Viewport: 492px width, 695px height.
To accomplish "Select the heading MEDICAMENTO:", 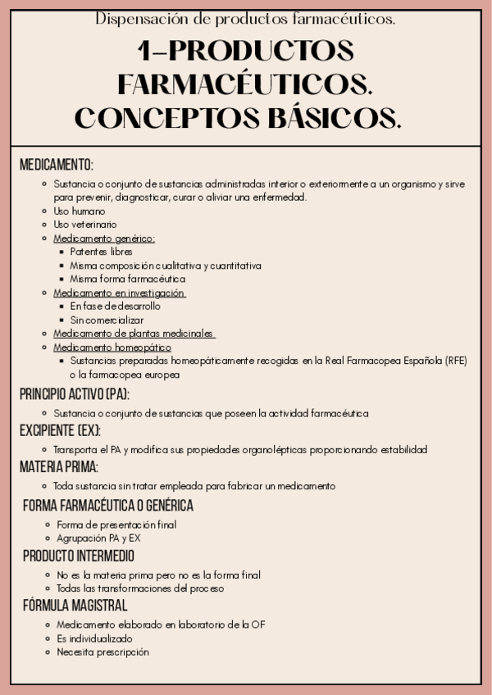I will (x=57, y=165).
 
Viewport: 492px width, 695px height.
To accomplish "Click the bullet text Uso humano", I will (x=80, y=211).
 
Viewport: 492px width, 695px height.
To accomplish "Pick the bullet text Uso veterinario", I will (x=85, y=224).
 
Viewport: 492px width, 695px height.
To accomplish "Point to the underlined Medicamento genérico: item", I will (x=104, y=238).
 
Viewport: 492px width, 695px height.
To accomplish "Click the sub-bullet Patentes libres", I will (x=101, y=252).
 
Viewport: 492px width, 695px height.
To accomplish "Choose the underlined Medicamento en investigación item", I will (x=119, y=293).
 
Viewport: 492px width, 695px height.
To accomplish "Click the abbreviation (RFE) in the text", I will (x=452, y=361).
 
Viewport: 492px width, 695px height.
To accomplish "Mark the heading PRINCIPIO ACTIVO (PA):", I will (x=75, y=394).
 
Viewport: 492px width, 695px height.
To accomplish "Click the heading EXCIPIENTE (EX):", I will (x=61, y=430).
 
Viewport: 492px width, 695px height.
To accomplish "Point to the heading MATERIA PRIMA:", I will (x=59, y=466).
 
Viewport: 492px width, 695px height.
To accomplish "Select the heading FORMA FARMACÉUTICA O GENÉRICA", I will (x=108, y=506).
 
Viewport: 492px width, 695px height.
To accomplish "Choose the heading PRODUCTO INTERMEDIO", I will (x=79, y=556).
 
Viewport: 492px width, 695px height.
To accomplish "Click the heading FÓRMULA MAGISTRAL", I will (x=75, y=606).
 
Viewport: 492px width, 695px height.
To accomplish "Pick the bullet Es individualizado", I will (x=94, y=638).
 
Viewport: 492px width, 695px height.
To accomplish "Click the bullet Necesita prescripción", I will (x=103, y=652).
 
